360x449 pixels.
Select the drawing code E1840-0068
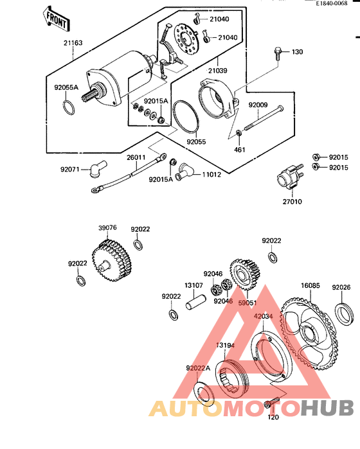[x=336, y=4]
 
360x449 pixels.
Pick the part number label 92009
[x=259, y=104]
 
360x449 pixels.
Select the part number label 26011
[x=135, y=157]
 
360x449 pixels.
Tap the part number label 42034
[x=263, y=316]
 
